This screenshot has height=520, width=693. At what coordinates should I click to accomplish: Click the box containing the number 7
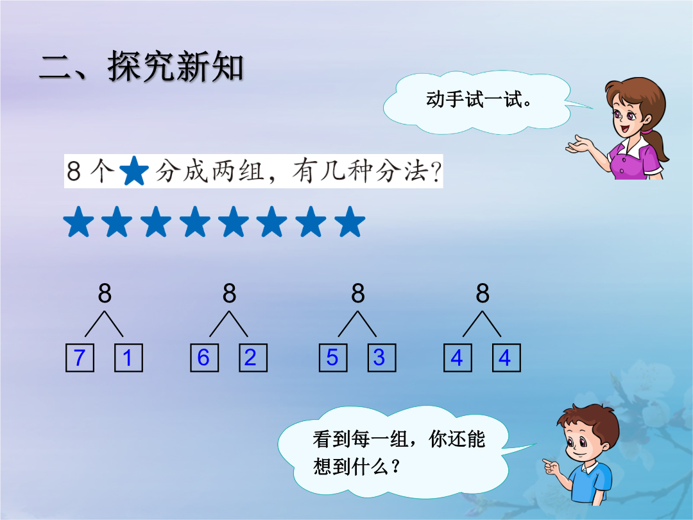click(80, 358)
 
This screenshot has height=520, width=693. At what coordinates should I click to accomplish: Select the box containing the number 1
click(128, 358)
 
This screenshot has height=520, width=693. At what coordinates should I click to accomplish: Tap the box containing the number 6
click(204, 358)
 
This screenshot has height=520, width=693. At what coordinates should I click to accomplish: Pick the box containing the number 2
click(253, 358)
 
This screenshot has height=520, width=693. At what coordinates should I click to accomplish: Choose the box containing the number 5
click(333, 358)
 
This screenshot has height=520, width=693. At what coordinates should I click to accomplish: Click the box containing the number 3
click(382, 358)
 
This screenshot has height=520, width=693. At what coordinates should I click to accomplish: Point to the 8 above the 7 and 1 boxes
click(105, 293)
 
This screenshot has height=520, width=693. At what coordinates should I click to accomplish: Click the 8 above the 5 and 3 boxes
click(358, 293)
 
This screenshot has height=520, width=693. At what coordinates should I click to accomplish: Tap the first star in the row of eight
click(79, 221)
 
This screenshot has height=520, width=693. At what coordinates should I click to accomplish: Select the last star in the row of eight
click(350, 221)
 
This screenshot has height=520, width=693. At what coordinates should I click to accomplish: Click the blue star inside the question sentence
click(134, 171)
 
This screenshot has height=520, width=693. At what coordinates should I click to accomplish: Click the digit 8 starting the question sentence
click(74, 171)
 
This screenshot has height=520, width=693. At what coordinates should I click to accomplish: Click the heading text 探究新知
click(175, 67)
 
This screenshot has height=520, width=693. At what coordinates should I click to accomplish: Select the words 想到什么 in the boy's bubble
click(352, 467)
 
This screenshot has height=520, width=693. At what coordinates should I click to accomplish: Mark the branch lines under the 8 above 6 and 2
click(228, 324)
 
